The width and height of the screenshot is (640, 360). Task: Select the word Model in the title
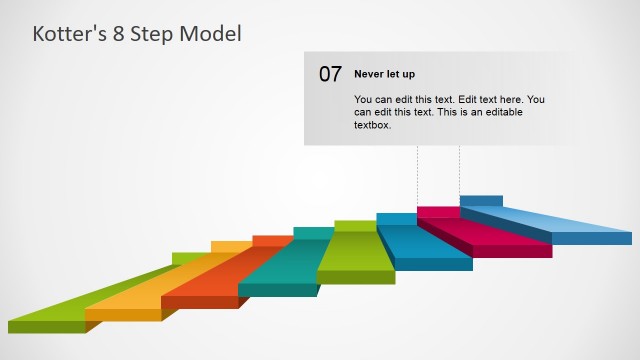point(209,34)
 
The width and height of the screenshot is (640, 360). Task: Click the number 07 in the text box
point(330,74)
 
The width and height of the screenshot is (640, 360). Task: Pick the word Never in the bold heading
point(369,74)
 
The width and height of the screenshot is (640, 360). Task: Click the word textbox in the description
point(372,125)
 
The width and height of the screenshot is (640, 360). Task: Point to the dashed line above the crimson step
point(417,175)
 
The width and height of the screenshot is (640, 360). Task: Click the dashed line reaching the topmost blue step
point(459,170)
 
